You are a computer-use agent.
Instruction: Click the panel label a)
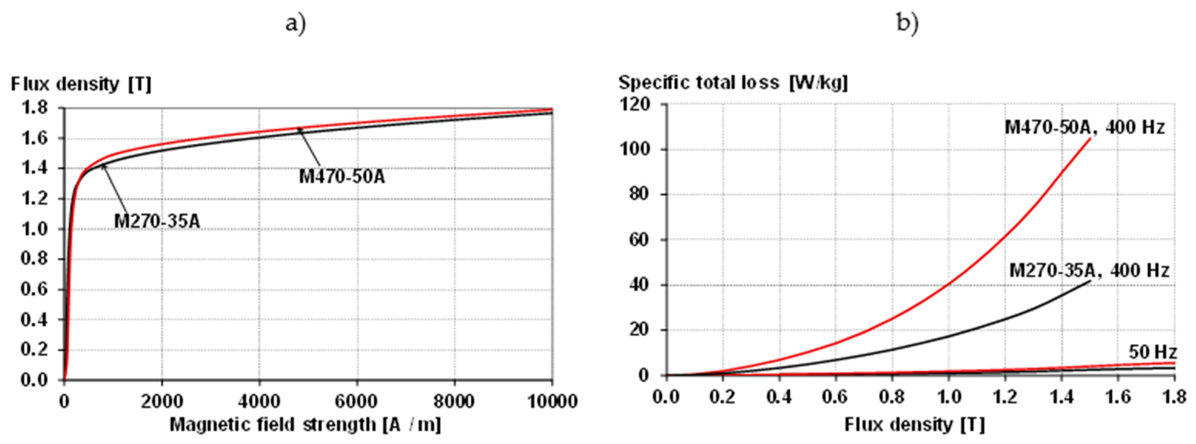(x=295, y=23)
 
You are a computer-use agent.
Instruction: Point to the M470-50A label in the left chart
(x=342, y=177)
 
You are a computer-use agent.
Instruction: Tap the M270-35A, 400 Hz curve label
(x=1089, y=270)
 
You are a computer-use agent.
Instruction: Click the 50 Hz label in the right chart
(x=1152, y=352)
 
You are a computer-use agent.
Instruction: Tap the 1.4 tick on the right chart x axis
(x=1062, y=397)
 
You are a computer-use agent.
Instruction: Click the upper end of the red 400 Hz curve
(x=1090, y=138)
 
